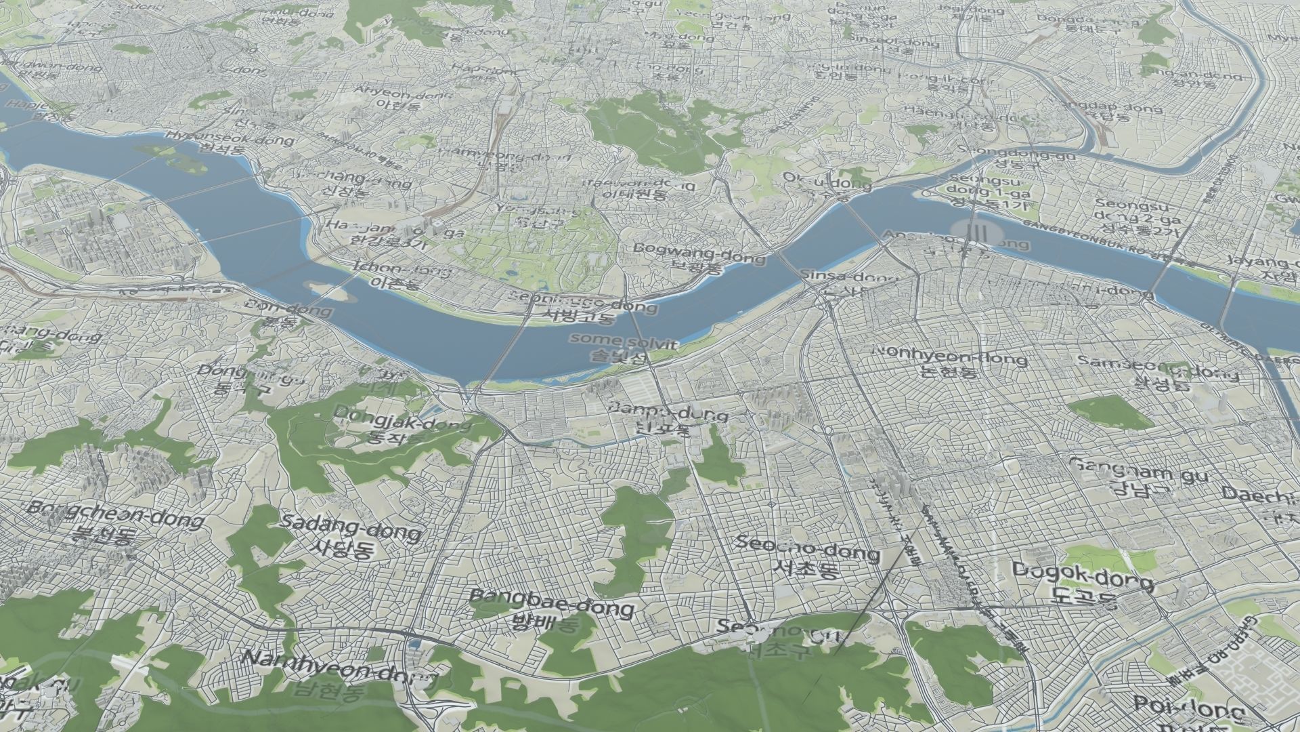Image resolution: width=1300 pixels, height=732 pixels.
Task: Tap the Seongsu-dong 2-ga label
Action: point(1137,217)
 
